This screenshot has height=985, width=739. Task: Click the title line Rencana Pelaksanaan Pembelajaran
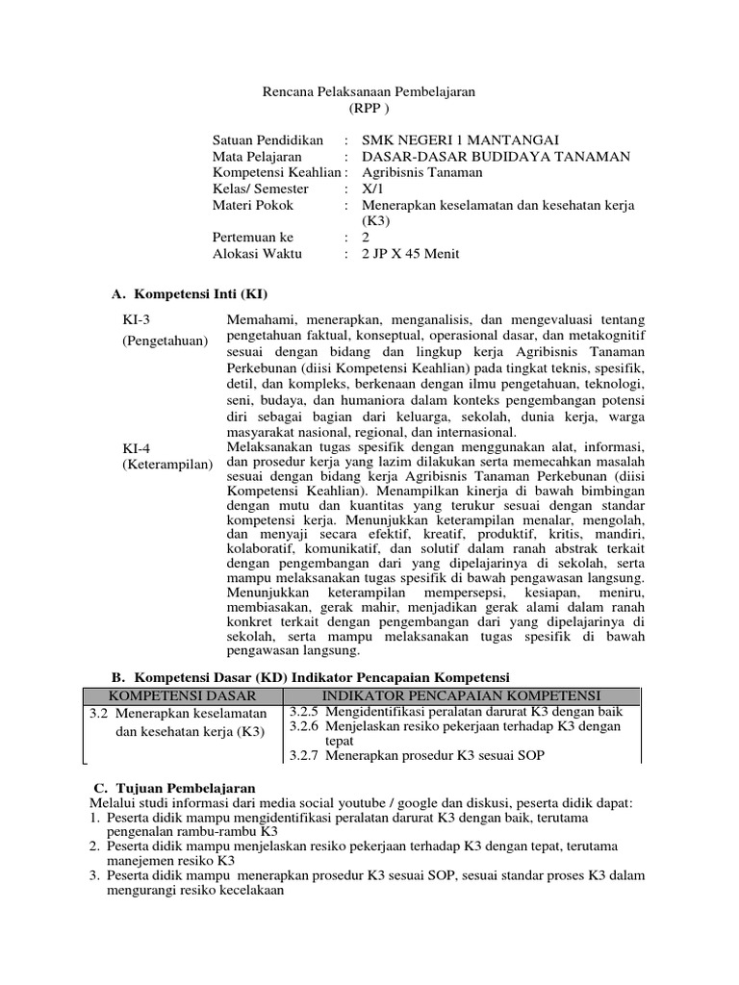369,91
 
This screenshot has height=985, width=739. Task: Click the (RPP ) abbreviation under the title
370,108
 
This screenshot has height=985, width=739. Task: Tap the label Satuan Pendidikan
268,140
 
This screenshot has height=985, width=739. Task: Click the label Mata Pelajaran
257,157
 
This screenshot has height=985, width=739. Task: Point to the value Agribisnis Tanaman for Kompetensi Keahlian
422,173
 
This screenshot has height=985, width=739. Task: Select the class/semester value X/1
371,189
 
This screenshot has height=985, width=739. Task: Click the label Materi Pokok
253,206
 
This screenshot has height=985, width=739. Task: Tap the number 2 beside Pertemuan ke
366,238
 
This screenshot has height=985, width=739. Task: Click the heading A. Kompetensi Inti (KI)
190,292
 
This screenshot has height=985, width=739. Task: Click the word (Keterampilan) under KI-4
165,465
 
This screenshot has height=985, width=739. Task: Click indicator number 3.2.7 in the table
305,756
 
